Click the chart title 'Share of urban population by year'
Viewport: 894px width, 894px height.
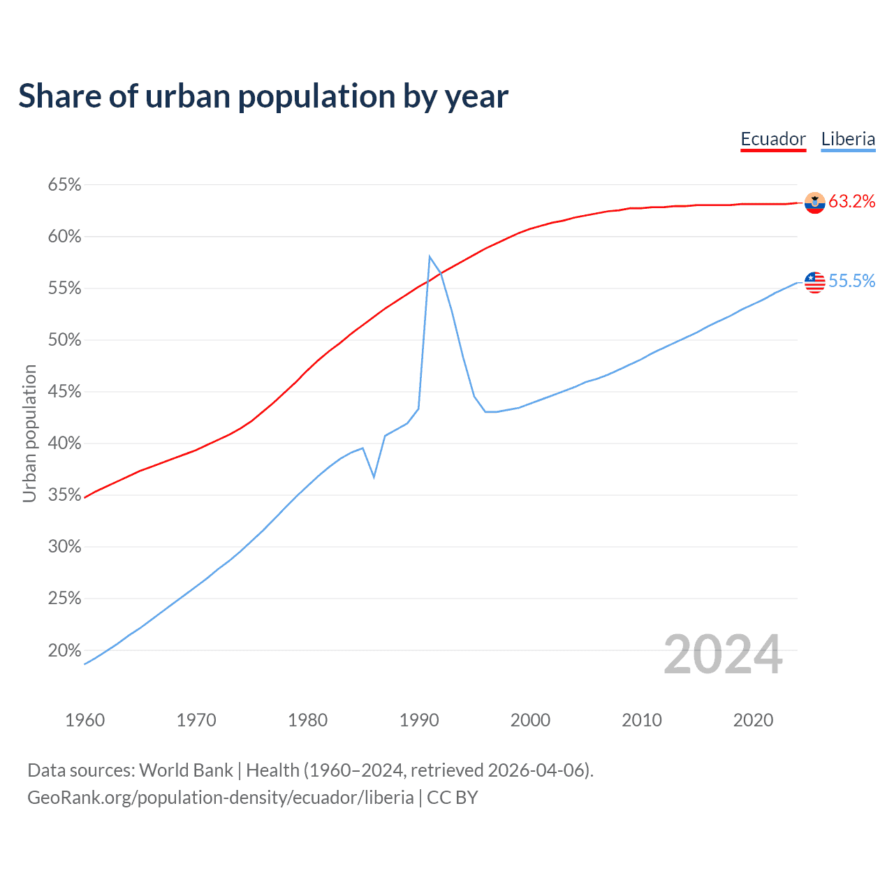point(263,96)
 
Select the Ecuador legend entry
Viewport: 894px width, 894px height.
point(773,139)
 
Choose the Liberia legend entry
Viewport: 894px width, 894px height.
point(848,139)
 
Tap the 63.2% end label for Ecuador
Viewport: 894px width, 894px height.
point(852,202)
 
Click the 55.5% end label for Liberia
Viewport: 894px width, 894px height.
point(852,281)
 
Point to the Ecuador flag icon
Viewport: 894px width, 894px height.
point(815,203)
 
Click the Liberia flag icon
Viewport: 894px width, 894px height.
point(815,282)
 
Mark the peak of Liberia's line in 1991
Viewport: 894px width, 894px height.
point(430,256)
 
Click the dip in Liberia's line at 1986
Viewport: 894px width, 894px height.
point(374,477)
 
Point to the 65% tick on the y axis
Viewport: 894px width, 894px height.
point(65,185)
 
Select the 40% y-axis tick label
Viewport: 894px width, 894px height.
point(65,444)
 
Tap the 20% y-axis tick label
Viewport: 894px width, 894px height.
point(65,650)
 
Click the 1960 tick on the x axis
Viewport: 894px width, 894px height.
point(85,720)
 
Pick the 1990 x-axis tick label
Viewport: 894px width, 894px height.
point(419,720)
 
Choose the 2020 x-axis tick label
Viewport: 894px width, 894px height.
point(753,720)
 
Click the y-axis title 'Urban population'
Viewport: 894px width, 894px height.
point(29,433)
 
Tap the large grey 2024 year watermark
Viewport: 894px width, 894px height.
point(723,654)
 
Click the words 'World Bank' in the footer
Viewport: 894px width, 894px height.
point(186,770)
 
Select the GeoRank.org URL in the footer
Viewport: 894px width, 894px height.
point(220,798)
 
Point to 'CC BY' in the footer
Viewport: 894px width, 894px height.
point(453,798)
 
